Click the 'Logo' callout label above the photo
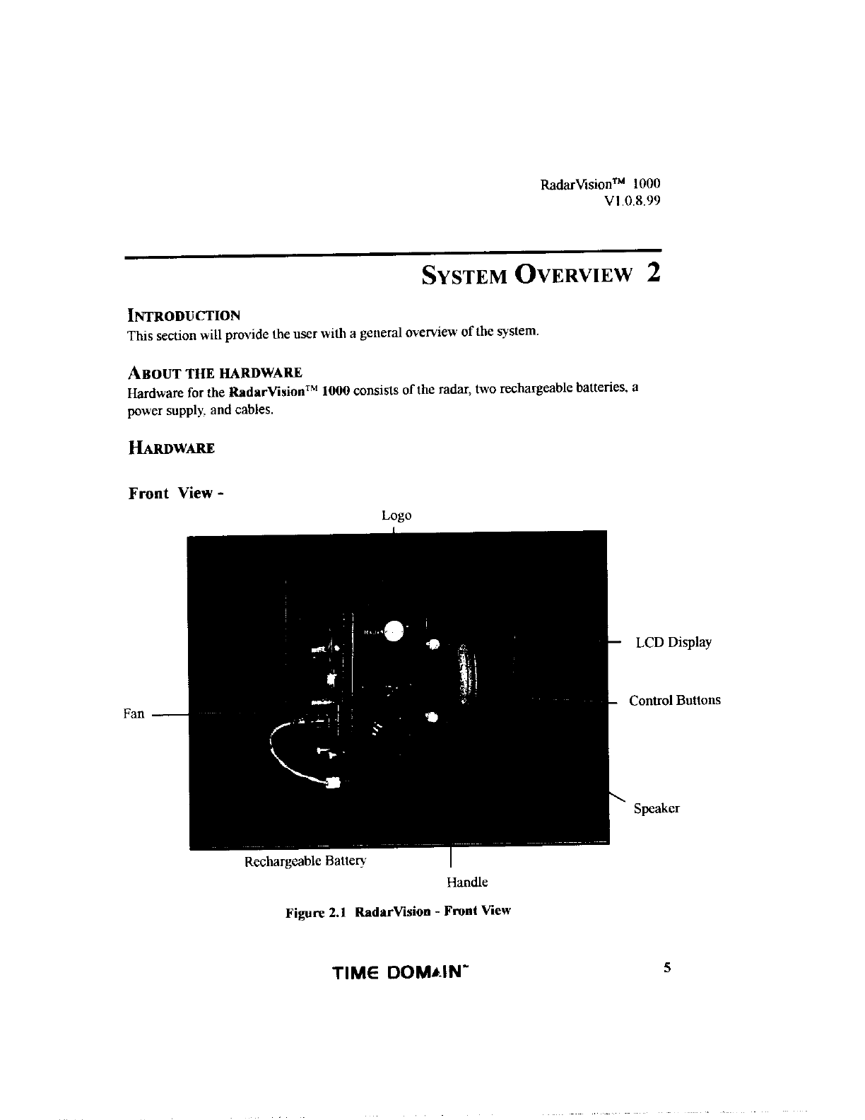[396, 515]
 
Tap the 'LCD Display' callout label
[673, 643]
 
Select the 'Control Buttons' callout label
[674, 701]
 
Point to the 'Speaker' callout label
[656, 809]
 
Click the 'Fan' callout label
[134, 714]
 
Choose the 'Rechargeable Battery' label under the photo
[305, 861]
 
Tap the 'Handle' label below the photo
[466, 882]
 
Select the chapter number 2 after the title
[653, 273]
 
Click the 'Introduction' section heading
[184, 315]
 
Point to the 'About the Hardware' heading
[215, 373]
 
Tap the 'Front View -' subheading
[176, 493]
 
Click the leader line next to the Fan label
[170, 715]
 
